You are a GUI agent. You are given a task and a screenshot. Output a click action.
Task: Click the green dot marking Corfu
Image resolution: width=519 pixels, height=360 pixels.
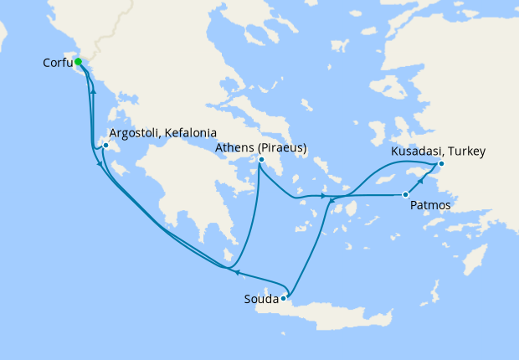[x=78, y=62]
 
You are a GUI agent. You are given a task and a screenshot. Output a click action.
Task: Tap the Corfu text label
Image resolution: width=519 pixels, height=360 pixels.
[x=55, y=63]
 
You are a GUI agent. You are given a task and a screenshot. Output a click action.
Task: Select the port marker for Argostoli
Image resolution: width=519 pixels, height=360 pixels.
[x=106, y=146]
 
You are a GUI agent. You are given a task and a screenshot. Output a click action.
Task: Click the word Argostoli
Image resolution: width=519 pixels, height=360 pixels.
[x=136, y=133]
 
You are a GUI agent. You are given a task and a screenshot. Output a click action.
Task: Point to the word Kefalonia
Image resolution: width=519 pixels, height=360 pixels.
[x=192, y=133]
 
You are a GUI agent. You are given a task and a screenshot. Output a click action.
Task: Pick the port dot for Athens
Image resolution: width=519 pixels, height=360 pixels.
[x=261, y=159]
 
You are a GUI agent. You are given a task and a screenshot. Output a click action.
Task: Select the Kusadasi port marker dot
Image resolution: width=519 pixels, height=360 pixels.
[x=441, y=164]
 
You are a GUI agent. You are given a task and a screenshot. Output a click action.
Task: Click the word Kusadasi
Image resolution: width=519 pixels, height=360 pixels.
[x=418, y=152]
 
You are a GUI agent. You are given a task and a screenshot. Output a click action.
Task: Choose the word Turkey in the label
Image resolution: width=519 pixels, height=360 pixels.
[x=467, y=152]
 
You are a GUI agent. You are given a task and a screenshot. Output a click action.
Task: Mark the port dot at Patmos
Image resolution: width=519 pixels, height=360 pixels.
[x=406, y=195]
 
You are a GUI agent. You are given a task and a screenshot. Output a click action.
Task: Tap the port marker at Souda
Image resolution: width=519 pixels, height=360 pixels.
[x=284, y=297]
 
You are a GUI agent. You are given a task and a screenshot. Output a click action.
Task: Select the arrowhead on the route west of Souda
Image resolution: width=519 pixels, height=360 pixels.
[x=236, y=272]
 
